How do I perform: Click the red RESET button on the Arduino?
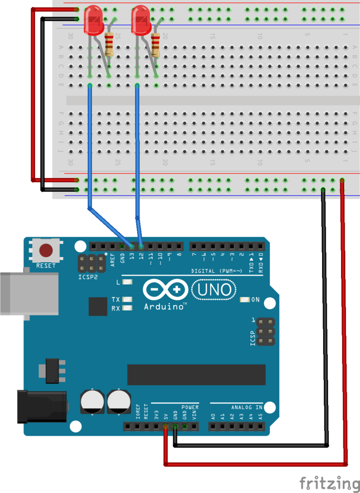click(x=46, y=250)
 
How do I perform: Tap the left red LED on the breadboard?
click(x=93, y=19)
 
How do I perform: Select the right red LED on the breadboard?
click(x=140, y=19)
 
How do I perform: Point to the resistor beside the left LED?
click(x=109, y=44)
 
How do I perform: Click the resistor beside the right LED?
click(x=156, y=44)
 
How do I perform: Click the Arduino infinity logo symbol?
click(x=165, y=290)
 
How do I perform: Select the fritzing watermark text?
click(x=329, y=483)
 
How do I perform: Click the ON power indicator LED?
click(x=245, y=299)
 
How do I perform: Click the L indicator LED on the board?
click(x=127, y=282)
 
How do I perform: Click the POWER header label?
click(x=190, y=407)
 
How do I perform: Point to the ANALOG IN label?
click(x=247, y=407)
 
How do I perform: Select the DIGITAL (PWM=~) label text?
click(x=217, y=271)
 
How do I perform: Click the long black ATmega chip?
click(x=196, y=375)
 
